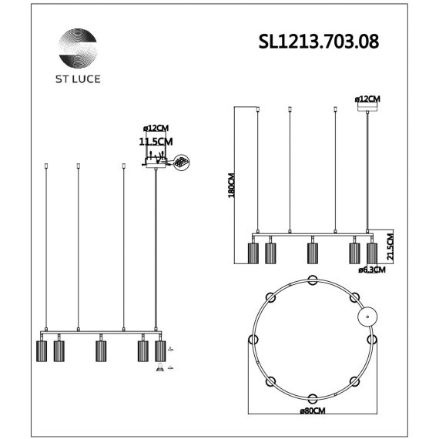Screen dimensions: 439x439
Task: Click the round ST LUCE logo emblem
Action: coord(79,48)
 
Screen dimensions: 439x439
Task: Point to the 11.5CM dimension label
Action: coord(156,142)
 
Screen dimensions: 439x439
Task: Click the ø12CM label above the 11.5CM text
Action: coord(156,129)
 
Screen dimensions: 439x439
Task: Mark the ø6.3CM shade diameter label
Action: coord(372,270)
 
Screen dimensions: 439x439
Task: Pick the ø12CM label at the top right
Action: coord(368,99)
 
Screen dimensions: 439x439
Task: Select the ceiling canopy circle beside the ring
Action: coord(368,316)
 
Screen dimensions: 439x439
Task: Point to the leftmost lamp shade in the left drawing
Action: coord(42,350)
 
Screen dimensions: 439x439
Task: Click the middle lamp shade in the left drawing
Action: coord(100,350)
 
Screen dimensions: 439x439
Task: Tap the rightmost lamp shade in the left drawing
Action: coord(160,350)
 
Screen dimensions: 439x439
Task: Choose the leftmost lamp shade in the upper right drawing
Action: coord(253,253)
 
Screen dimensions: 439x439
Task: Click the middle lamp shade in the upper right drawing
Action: coord(313,253)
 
